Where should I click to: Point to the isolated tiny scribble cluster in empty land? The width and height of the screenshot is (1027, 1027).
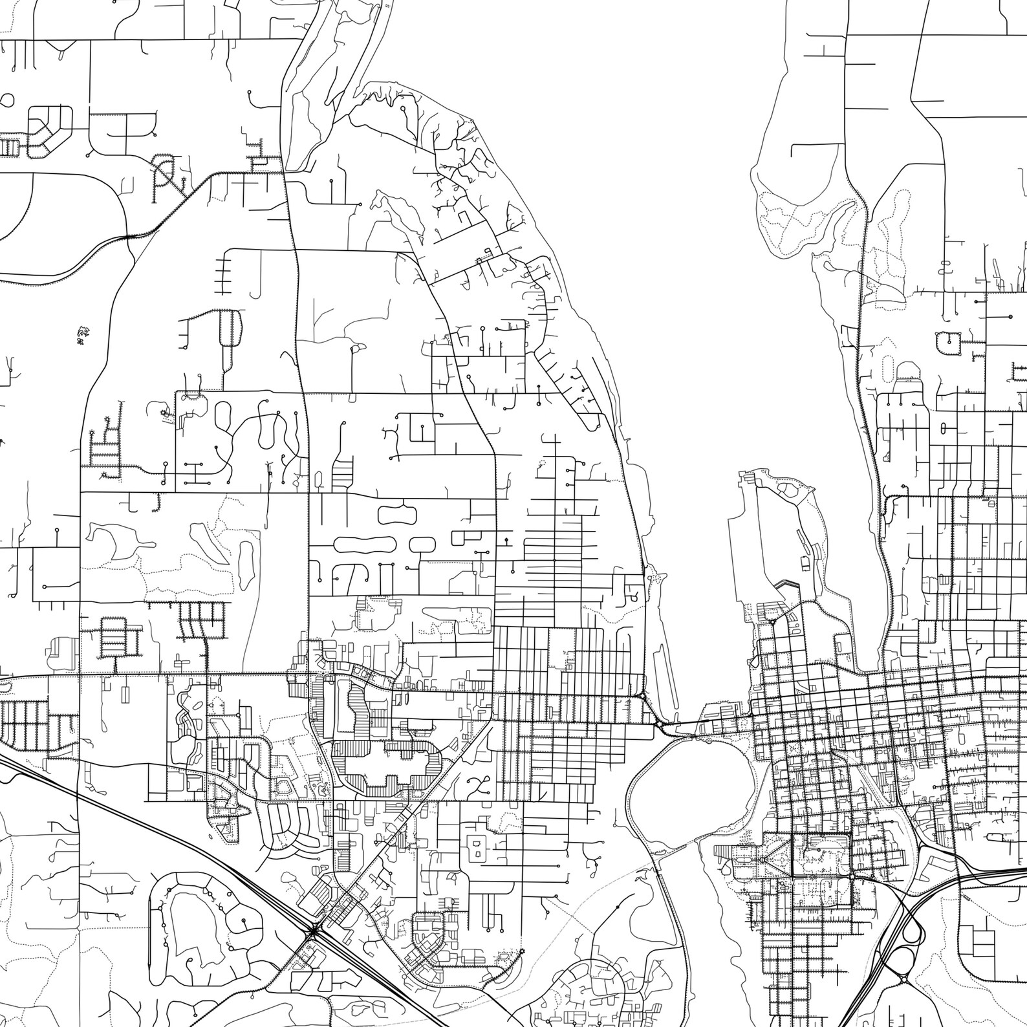[x=82, y=335]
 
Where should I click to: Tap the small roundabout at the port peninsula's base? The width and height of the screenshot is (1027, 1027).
[x=772, y=621]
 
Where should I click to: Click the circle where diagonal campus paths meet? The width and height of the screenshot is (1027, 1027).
[x=762, y=859]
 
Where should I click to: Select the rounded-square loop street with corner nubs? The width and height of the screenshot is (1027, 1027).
[x=949, y=342]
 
